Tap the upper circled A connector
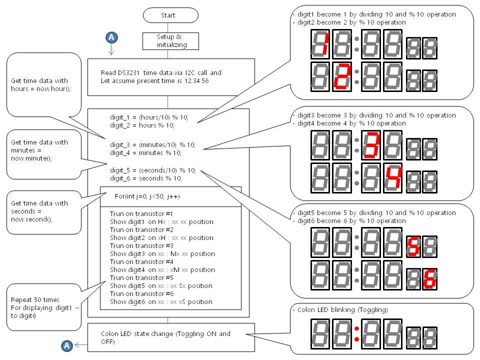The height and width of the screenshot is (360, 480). click(x=111, y=37)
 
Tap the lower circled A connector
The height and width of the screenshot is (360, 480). click(x=67, y=345)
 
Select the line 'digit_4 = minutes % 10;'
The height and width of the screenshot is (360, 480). click(x=145, y=152)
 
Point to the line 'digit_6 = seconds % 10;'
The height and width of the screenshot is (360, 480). click(x=146, y=178)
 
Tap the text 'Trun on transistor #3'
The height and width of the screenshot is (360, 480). click(x=141, y=245)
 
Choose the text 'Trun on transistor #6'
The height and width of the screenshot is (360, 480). click(x=141, y=293)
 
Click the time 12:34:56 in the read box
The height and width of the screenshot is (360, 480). click(x=205, y=81)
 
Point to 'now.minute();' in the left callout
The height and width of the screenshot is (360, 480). click(x=31, y=157)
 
